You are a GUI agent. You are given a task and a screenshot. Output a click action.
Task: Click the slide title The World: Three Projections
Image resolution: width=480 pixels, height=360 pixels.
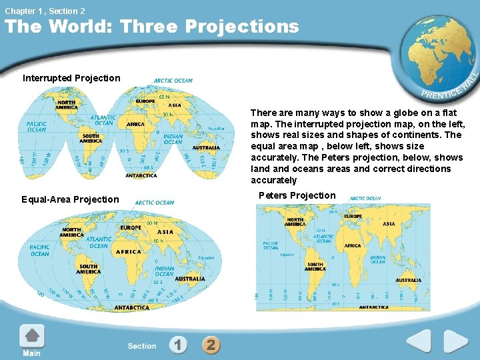coord(152,27)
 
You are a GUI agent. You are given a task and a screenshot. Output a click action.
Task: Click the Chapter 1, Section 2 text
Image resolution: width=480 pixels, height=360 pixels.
coord(45,11)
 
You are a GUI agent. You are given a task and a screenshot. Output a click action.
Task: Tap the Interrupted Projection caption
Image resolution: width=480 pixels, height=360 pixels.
coord(71,78)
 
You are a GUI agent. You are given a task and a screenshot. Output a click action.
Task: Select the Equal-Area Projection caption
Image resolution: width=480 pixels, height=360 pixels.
coord(70,199)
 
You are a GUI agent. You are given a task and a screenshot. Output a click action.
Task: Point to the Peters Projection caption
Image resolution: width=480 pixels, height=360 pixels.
coord(297,195)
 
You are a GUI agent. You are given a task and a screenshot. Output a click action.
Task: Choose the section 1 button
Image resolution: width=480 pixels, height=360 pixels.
coord(178,345)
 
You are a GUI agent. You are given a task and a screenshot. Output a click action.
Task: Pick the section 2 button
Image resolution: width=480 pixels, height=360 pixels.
coord(211,345)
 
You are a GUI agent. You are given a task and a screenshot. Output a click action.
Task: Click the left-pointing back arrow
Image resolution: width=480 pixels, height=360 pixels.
coord(419,341)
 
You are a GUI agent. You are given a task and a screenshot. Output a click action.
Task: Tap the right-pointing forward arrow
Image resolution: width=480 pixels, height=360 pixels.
coord(456,341)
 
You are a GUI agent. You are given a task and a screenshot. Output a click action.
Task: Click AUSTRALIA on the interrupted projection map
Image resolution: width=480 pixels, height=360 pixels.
coord(206,147)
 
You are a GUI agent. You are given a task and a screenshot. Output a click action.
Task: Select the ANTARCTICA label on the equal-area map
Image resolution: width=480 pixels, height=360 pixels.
coord(132,308)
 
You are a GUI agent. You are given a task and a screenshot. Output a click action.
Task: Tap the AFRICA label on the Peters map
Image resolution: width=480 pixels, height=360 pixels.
coord(353,245)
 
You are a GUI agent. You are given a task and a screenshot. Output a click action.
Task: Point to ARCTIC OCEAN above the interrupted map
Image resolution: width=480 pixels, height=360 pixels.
coord(173,81)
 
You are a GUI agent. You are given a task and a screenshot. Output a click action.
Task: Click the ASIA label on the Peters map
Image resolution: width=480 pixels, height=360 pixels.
coord(389,224)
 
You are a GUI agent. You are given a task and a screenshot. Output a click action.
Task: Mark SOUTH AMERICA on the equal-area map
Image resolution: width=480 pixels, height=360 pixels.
coord(89,269)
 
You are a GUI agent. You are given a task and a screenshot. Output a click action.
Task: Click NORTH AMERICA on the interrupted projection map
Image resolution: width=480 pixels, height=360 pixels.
coord(67,105)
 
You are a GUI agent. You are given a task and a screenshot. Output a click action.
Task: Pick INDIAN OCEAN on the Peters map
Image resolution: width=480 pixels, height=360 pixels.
coord(377,259)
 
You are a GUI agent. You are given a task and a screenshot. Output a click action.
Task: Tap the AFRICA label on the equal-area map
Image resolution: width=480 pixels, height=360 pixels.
coord(129,252)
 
